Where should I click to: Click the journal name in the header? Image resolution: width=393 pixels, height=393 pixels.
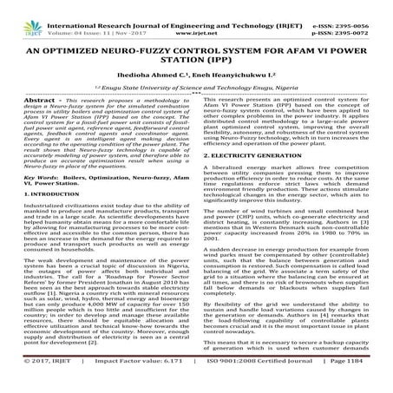pos(193,8)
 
